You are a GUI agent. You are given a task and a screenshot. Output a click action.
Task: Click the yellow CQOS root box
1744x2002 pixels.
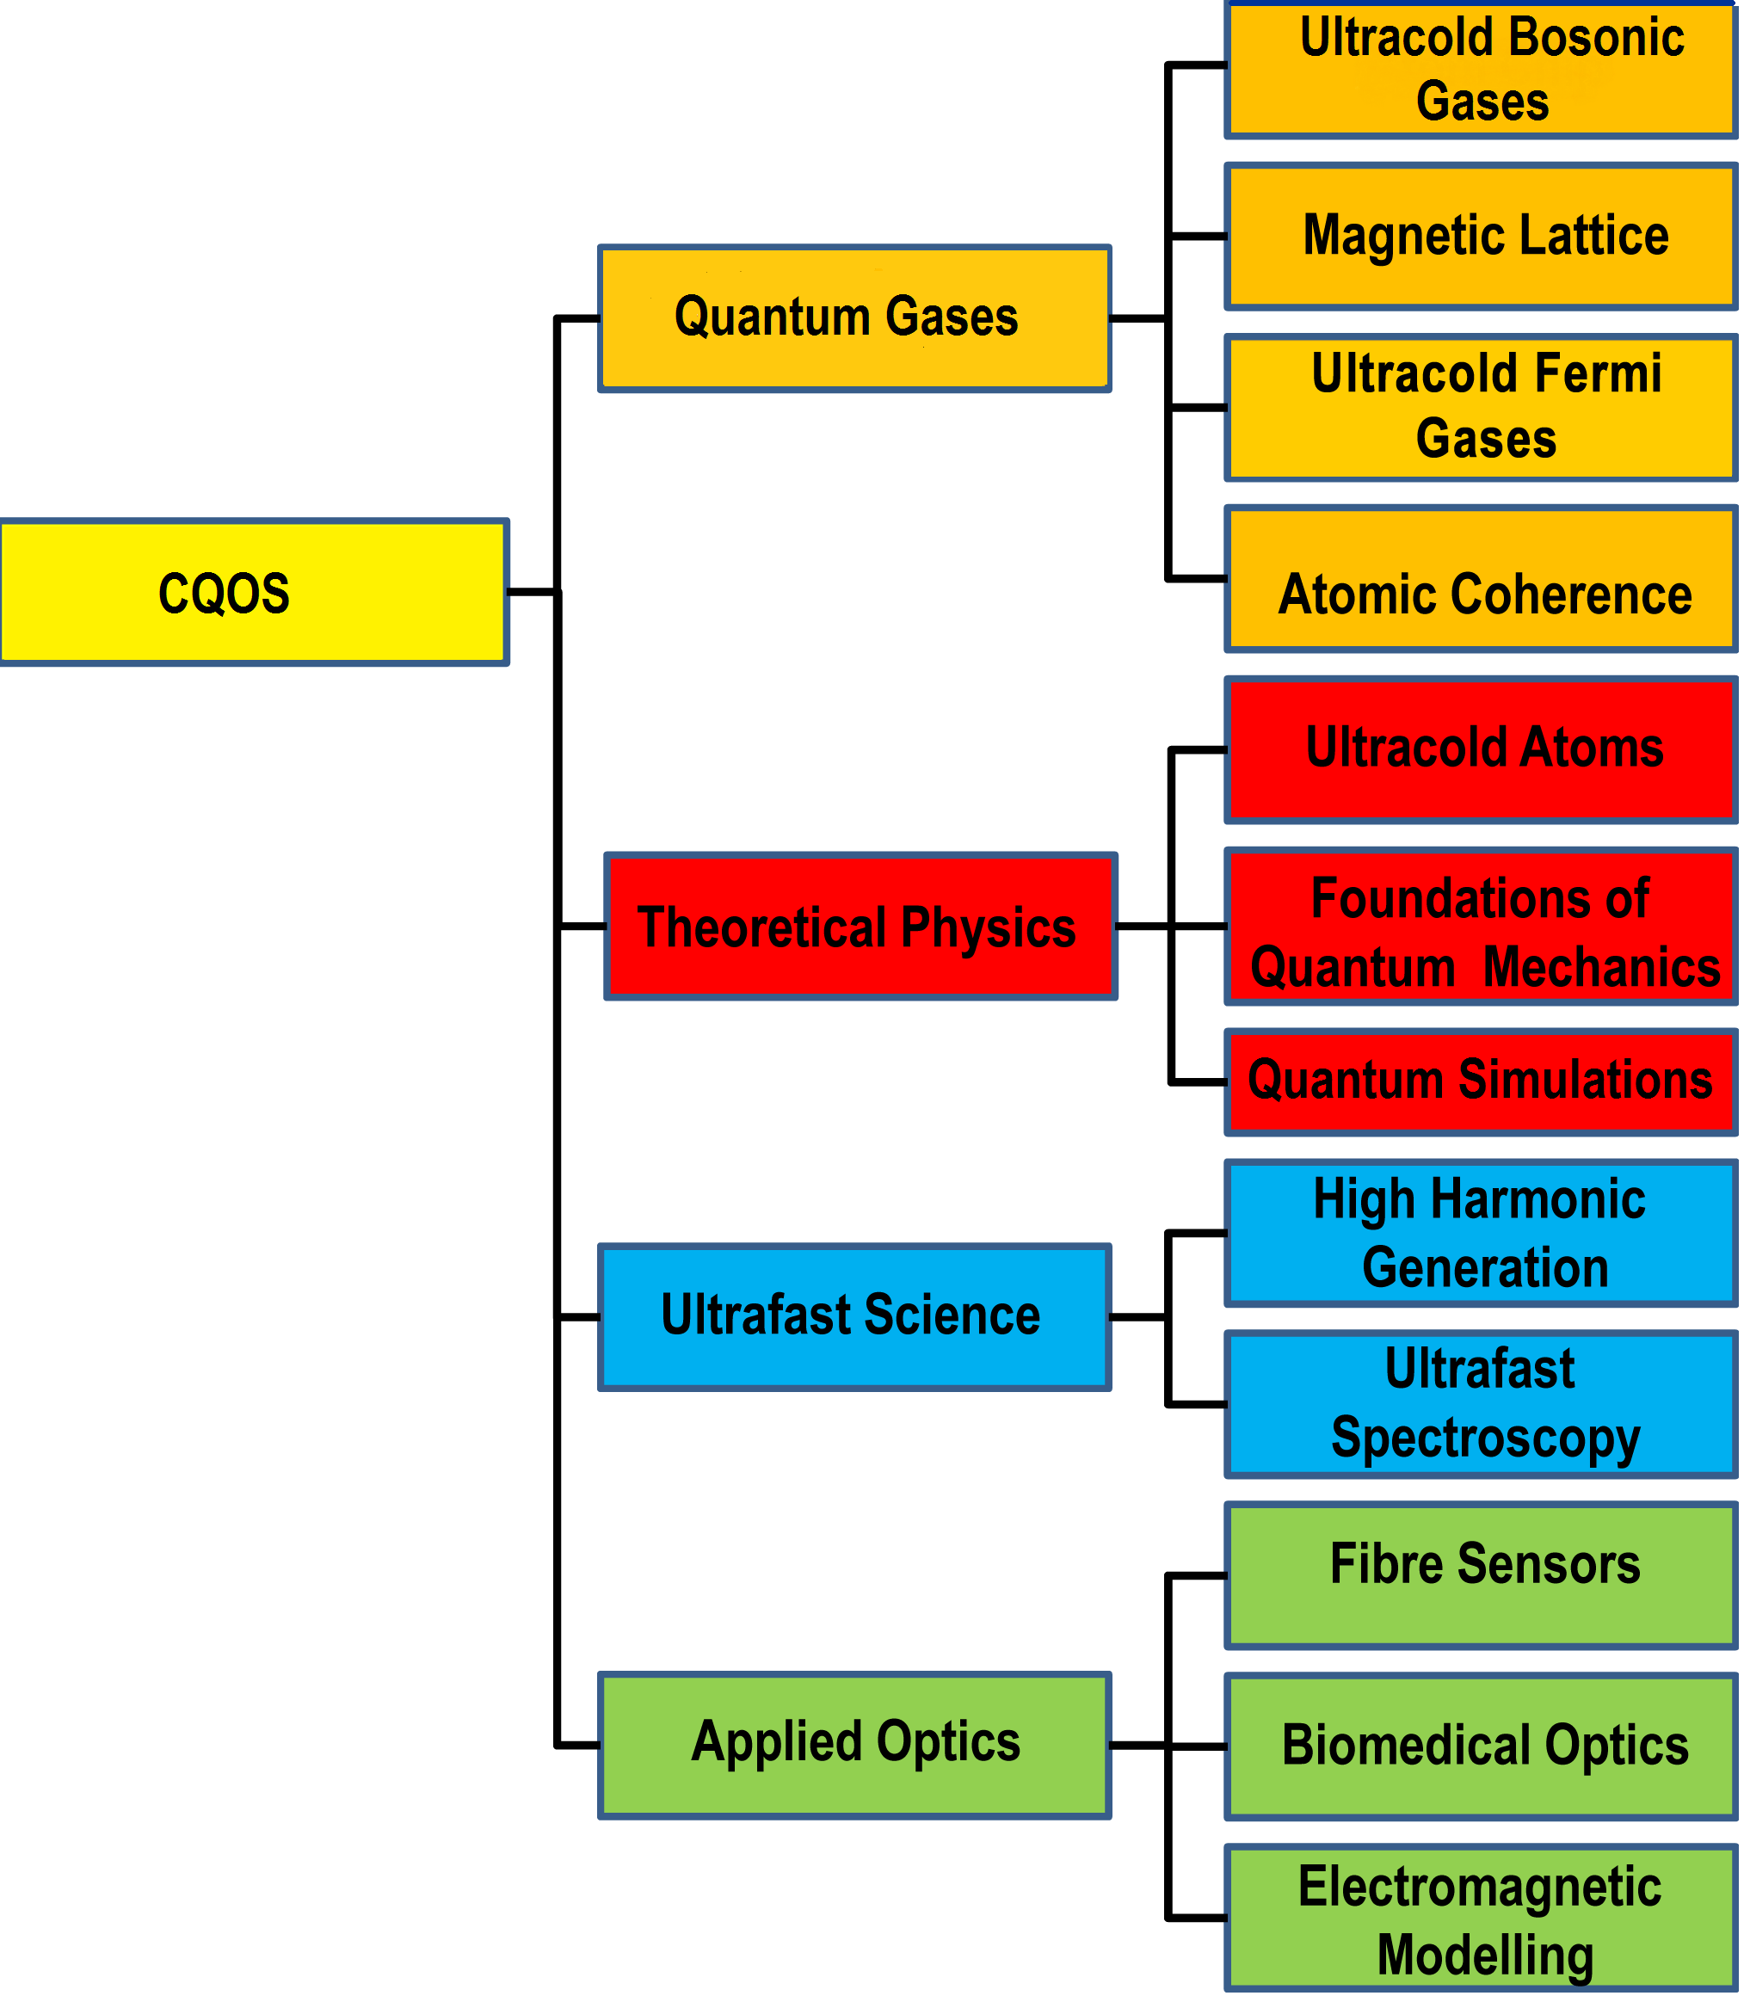click(x=253, y=592)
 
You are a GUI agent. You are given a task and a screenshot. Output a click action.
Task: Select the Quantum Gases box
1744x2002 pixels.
click(x=854, y=318)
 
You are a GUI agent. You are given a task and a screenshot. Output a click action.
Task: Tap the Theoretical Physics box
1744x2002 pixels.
click(x=860, y=927)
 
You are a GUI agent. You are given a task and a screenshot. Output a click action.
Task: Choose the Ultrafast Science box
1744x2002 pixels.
click(x=854, y=1317)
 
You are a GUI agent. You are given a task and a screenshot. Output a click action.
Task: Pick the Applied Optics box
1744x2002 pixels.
click(x=854, y=1745)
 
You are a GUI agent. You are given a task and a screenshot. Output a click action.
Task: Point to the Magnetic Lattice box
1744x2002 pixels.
click(x=1482, y=237)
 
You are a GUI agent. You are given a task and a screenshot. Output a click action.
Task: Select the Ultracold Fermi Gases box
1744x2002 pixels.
click(x=1482, y=407)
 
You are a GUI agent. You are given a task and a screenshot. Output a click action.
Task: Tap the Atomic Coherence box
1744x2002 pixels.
click(x=1482, y=579)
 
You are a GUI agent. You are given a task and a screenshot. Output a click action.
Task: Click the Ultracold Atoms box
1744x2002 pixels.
click(x=1482, y=749)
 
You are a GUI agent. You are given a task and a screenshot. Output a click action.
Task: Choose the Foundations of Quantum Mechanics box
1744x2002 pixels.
click(x=1482, y=927)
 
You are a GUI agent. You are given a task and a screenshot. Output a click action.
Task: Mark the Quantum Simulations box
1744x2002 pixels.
click(x=1482, y=1081)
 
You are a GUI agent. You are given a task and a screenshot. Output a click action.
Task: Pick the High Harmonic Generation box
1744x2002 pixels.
click(x=1482, y=1233)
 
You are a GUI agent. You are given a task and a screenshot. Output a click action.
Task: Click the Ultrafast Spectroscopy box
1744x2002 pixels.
click(x=1482, y=1404)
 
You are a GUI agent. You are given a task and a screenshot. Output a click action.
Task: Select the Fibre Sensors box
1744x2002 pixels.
click(x=1482, y=1576)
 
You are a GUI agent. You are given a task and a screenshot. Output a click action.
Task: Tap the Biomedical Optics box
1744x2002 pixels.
click(x=1482, y=1747)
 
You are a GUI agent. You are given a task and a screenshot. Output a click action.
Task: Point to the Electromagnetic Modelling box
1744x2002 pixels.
click(x=1482, y=1919)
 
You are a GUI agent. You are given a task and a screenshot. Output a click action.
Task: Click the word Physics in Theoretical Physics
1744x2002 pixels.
click(x=987, y=928)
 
